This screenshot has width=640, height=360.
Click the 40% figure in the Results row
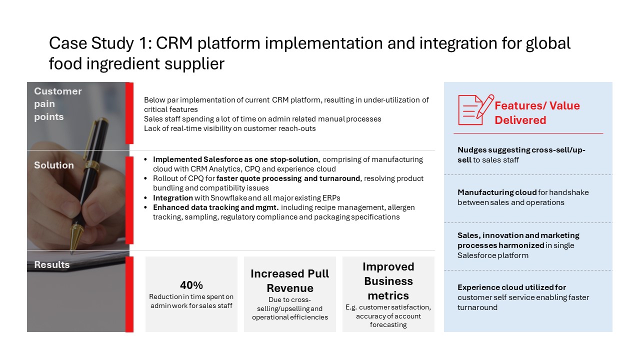click(x=191, y=285)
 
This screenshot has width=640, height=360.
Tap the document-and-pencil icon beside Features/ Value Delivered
click(x=475, y=110)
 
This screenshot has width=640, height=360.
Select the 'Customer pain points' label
click(x=57, y=103)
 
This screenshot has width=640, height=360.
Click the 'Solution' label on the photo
click(x=53, y=165)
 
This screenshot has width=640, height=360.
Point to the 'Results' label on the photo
click(x=51, y=264)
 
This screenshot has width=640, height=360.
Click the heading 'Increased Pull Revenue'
click(x=289, y=281)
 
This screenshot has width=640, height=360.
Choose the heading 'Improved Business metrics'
click(x=388, y=281)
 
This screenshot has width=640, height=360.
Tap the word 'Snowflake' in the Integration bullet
click(x=228, y=197)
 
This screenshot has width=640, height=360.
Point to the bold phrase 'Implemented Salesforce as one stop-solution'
click(x=235, y=159)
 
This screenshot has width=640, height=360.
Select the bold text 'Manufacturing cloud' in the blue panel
click(x=497, y=192)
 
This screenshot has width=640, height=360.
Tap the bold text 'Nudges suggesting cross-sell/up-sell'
click(x=521, y=155)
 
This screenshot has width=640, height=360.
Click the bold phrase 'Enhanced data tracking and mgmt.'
click(x=215, y=207)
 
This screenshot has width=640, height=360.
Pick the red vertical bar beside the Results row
click(x=129, y=294)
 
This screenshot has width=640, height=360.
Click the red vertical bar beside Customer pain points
click(x=129, y=113)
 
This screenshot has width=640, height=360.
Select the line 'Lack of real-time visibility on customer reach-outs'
click(x=229, y=128)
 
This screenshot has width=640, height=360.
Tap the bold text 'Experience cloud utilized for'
click(x=511, y=287)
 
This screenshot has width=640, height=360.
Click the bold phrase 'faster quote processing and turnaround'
click(x=288, y=178)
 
